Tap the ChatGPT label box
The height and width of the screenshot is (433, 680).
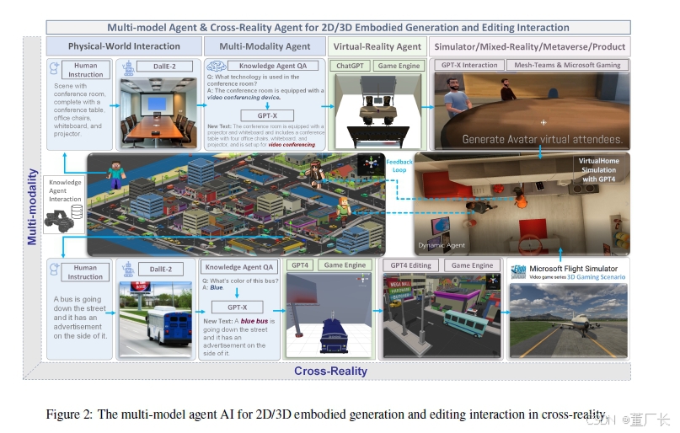351,65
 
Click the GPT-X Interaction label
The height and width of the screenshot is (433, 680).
469,65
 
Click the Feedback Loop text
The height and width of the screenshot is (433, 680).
399,165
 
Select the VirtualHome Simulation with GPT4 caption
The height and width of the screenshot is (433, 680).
602,169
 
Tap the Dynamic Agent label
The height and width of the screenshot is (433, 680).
442,246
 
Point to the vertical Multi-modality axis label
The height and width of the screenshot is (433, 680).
32,206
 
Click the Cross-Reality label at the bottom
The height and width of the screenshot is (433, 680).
330,371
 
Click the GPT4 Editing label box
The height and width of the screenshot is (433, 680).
410,265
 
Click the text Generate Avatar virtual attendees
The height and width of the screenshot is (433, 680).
541,139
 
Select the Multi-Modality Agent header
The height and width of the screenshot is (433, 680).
265,46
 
